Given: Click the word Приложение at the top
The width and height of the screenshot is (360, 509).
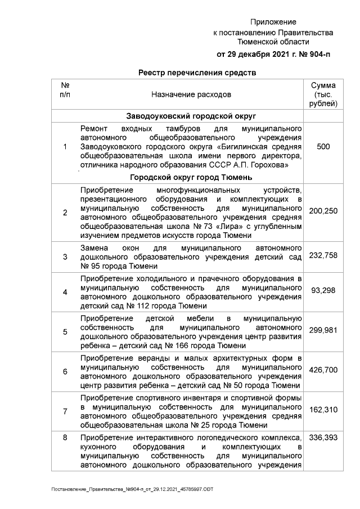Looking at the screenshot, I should click(273, 21).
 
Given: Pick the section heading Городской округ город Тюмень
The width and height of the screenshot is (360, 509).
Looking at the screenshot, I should click(191, 177).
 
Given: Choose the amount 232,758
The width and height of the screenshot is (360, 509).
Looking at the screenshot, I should click(323, 256).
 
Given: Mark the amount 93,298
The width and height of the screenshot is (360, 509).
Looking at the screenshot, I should click(323, 291).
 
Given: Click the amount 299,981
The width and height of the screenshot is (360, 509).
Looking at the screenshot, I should click(323, 331).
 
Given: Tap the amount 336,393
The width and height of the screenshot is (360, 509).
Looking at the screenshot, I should click(323, 438).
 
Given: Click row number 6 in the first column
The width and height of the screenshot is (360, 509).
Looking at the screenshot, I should click(65, 371).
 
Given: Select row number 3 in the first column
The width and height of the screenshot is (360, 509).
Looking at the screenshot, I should click(65, 257).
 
